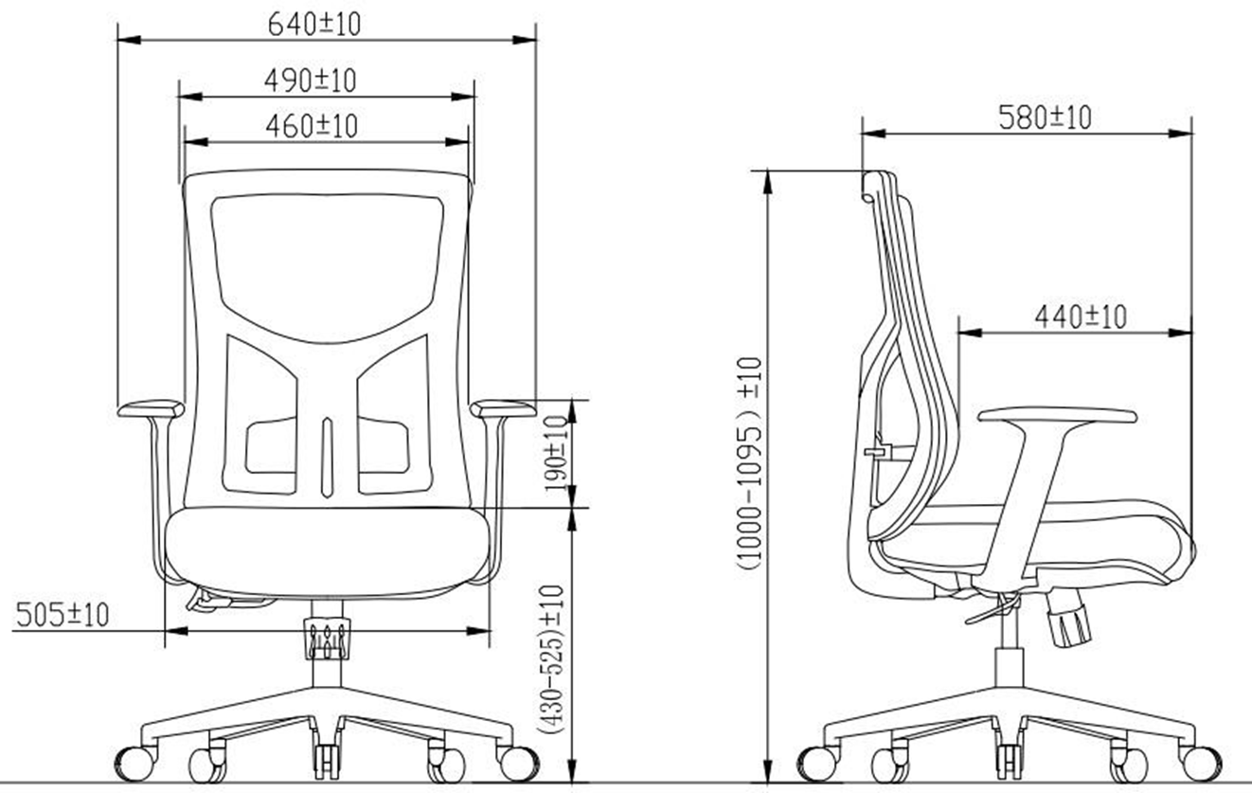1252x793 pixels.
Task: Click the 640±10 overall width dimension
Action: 314,24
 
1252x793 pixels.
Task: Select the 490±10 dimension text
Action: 311,81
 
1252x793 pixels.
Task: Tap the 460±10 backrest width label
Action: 312,126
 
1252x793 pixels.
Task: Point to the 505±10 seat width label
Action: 63,615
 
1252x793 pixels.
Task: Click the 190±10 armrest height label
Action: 557,454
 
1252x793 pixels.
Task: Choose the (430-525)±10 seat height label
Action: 550,659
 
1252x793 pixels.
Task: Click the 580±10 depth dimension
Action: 1045,117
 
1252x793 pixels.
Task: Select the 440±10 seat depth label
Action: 1081,317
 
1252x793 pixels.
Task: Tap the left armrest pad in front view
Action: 151,408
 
